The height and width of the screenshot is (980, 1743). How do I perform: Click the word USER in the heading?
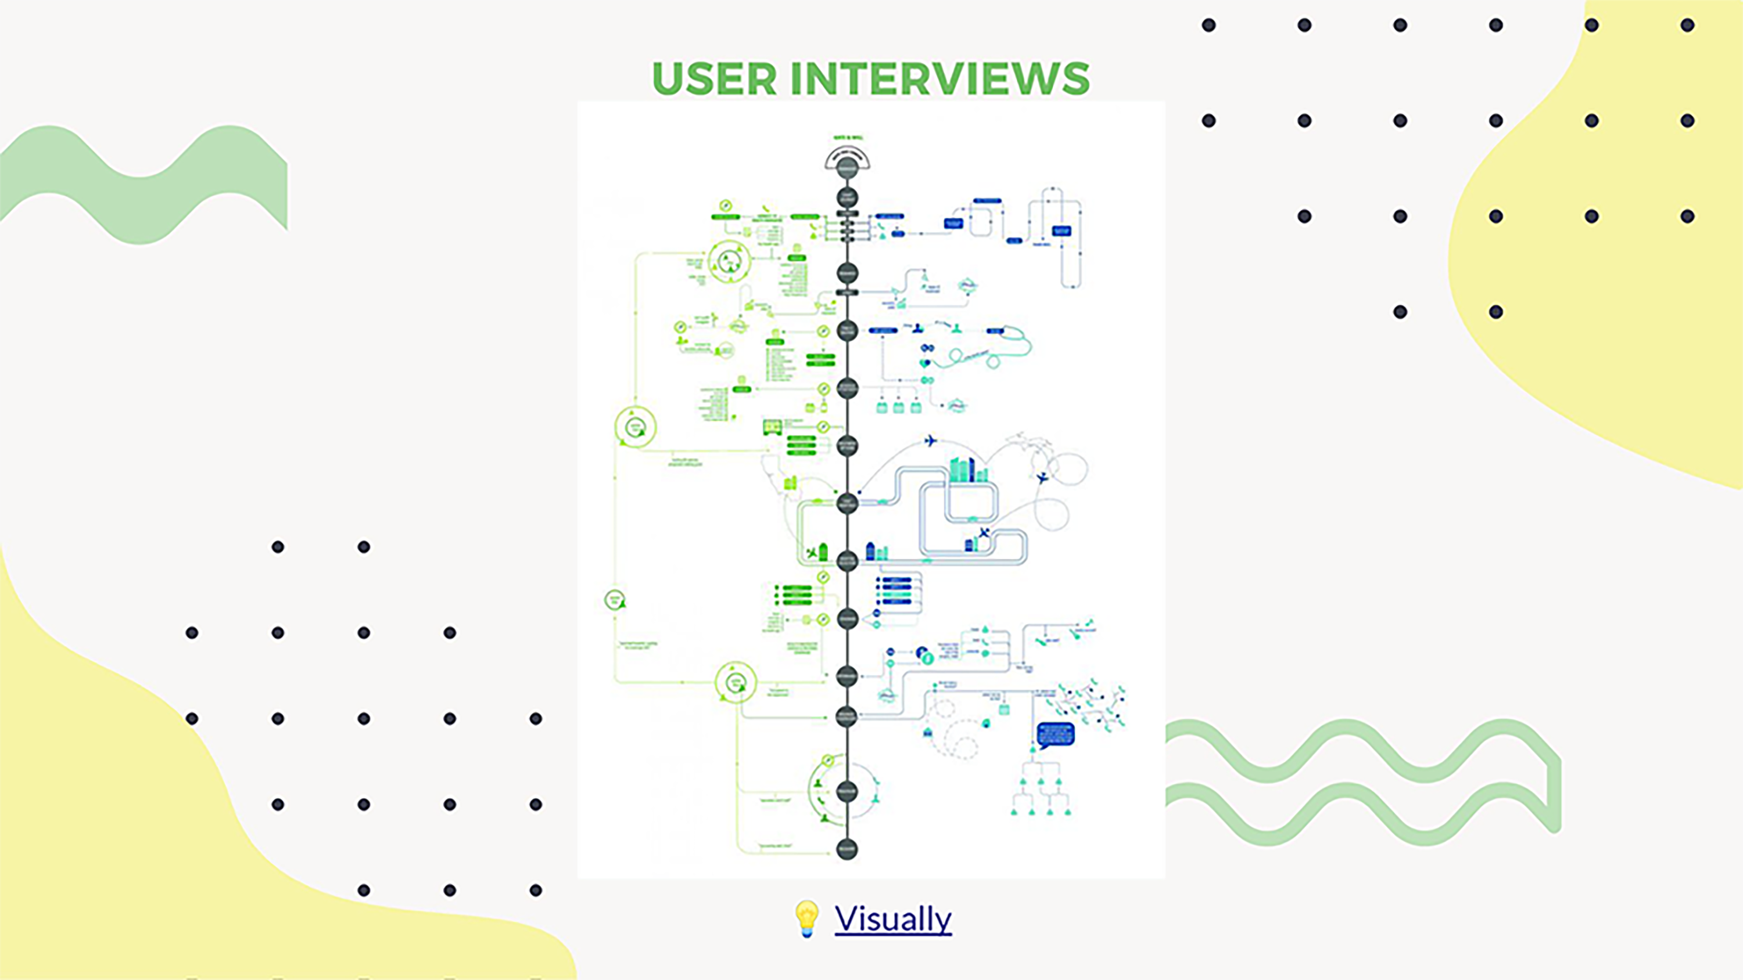(715, 79)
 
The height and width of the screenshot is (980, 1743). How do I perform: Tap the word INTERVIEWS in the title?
(940, 79)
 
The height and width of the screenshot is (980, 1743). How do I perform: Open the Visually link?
(892, 918)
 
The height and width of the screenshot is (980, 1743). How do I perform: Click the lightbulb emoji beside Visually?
(806, 918)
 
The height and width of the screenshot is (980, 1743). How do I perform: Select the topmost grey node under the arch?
(847, 168)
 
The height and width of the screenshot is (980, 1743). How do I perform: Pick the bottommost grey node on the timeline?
(847, 849)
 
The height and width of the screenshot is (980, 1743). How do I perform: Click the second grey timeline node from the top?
(847, 198)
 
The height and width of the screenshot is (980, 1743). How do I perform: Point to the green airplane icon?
(812, 553)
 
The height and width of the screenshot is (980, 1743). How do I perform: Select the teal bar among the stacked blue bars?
(897, 595)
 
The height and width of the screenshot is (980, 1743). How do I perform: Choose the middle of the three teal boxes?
(899, 407)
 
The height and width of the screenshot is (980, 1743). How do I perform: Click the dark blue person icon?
(917, 328)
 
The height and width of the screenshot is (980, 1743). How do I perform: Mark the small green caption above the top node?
(847, 138)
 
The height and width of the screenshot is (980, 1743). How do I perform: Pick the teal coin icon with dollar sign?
(928, 657)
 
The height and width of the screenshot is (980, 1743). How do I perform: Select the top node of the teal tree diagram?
(1033, 750)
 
